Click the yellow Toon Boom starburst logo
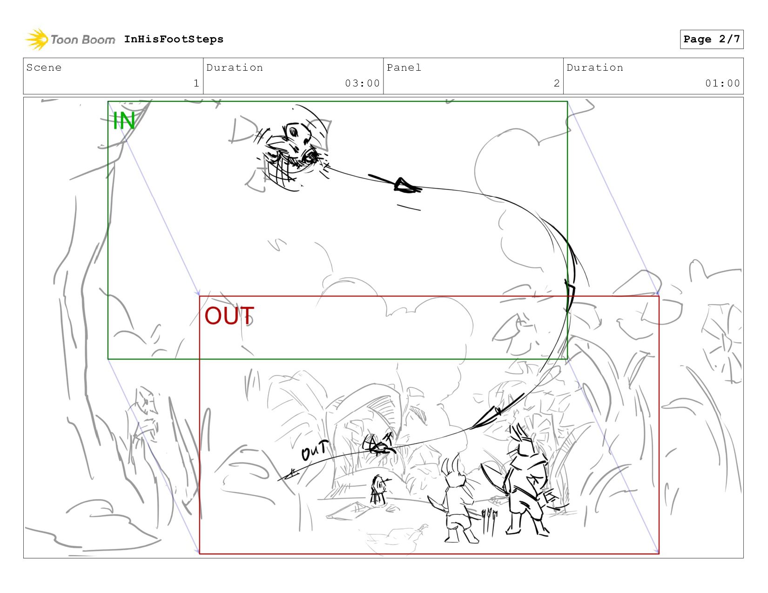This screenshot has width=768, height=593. pyautogui.click(x=36, y=39)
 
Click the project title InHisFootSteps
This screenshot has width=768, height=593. pyautogui.click(x=174, y=39)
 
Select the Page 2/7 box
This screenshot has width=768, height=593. pyautogui.click(x=712, y=39)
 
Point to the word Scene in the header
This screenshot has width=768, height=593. pyautogui.click(x=44, y=67)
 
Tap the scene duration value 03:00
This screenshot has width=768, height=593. pyautogui.click(x=362, y=83)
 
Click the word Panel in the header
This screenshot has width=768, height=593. pyautogui.click(x=404, y=67)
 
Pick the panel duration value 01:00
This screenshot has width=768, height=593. pyautogui.click(x=722, y=83)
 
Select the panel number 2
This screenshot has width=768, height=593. pyautogui.click(x=557, y=83)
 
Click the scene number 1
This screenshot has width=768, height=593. pyautogui.click(x=196, y=83)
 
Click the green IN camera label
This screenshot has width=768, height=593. pyautogui.click(x=124, y=121)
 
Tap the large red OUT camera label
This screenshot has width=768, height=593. pyautogui.click(x=229, y=316)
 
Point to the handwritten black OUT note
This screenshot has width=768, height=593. pyautogui.click(x=315, y=450)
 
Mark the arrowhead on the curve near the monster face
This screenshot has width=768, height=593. pyautogui.click(x=406, y=186)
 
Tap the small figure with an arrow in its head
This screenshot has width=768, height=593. pyautogui.click(x=379, y=491)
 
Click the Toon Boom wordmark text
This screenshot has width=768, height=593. pyautogui.click(x=83, y=40)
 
